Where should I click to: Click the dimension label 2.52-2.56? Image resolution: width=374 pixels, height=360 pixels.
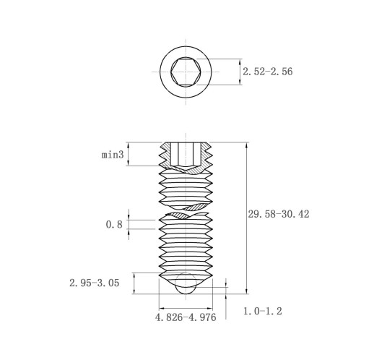click(x=267, y=72)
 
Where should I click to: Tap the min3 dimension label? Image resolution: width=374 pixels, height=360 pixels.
click(x=113, y=155)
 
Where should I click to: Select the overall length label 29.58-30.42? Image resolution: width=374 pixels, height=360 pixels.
click(x=279, y=214)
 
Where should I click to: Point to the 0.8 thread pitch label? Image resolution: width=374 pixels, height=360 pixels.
click(x=114, y=224)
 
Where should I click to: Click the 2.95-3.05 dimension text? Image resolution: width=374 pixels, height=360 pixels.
click(x=95, y=283)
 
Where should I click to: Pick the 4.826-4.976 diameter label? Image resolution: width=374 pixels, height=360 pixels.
click(x=186, y=317)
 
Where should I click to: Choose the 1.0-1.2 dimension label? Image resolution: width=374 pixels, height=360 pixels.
click(x=263, y=311)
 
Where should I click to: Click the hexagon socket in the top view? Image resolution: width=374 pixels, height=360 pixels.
click(x=186, y=72)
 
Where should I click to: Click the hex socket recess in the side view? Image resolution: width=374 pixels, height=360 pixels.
click(x=186, y=155)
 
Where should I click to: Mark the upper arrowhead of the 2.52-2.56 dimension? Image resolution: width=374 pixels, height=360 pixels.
click(x=240, y=62)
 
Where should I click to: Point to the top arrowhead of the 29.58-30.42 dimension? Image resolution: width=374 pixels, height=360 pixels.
click(x=246, y=146)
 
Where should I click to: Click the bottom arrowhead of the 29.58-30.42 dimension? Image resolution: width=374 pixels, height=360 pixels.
click(x=246, y=291)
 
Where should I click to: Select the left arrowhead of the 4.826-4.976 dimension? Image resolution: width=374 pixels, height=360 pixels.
click(x=162, y=308)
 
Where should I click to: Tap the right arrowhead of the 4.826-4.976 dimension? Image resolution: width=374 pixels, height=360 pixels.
click(x=209, y=308)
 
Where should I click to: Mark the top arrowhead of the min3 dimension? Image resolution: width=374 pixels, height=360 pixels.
click(x=129, y=146)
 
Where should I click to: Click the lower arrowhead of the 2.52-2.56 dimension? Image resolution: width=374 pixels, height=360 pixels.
click(x=240, y=82)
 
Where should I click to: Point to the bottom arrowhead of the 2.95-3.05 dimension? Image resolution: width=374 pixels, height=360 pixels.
click(x=134, y=291)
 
